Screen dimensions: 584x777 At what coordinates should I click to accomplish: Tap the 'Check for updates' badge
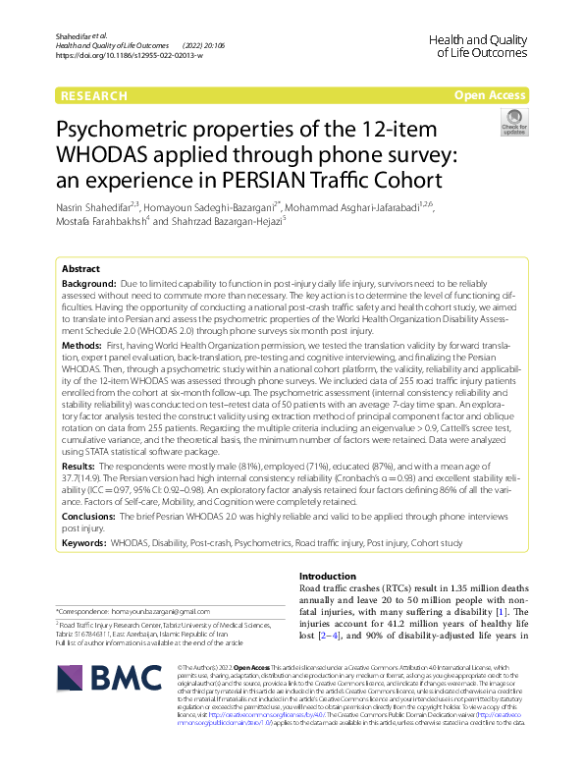coord(513,123)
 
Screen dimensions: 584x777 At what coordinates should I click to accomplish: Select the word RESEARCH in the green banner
coord(94,95)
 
